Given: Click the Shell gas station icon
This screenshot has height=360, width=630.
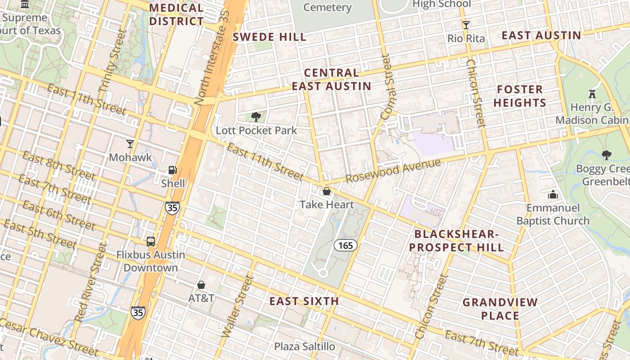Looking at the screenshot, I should pyautogui.click(x=172, y=170).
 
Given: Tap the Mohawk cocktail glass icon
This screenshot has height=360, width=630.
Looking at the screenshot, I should pyautogui.click(x=130, y=144).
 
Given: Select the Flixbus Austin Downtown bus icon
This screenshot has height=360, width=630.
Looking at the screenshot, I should pyautogui.click(x=151, y=241).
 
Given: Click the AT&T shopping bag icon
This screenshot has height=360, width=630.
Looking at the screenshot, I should pyautogui.click(x=201, y=285).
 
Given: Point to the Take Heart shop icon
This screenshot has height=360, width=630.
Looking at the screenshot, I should pyautogui.click(x=327, y=192).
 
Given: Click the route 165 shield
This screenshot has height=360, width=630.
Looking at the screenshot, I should pyautogui.click(x=346, y=245).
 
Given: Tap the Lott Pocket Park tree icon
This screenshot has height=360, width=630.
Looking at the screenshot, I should pyautogui.click(x=256, y=117).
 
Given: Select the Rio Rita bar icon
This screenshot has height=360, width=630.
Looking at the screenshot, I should pyautogui.click(x=466, y=25).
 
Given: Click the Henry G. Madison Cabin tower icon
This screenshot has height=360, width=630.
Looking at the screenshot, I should pyautogui.click(x=592, y=94).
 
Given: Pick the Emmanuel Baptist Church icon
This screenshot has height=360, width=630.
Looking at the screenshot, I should pyautogui.click(x=553, y=194).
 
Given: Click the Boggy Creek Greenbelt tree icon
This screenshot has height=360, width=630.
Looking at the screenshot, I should pyautogui.click(x=607, y=155).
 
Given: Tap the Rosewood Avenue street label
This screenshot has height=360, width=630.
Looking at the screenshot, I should pyautogui.click(x=392, y=171).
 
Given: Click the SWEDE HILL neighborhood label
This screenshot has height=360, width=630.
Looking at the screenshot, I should pyautogui.click(x=269, y=37).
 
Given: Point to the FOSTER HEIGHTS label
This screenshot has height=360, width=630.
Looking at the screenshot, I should pyautogui.click(x=520, y=96).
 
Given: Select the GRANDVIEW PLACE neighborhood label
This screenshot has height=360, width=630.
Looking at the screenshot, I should pyautogui.click(x=500, y=309).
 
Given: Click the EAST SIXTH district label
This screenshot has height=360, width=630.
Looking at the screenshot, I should pyautogui.click(x=304, y=301).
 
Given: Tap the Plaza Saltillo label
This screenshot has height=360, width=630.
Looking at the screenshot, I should pyautogui.click(x=305, y=346).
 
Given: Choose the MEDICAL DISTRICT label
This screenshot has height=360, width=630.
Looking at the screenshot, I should pyautogui.click(x=176, y=14).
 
